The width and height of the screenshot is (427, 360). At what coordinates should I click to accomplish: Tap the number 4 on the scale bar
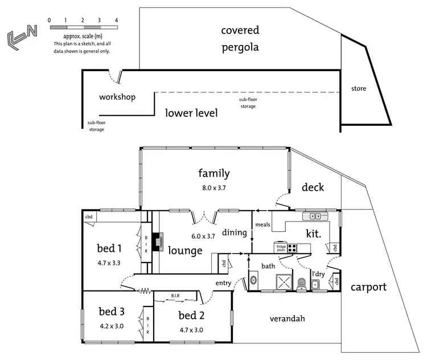(x=116, y=21)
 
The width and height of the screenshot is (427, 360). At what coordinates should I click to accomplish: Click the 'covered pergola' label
(x=240, y=39)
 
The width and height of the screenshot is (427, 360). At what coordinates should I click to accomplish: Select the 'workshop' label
(x=117, y=97)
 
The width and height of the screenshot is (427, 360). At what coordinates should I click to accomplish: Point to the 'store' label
(x=359, y=89)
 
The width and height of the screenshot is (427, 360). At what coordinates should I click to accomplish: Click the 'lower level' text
(x=191, y=113)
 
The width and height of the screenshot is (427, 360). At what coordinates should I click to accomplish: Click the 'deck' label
(x=313, y=187)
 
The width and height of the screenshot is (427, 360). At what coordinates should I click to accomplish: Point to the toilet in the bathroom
(x=301, y=282)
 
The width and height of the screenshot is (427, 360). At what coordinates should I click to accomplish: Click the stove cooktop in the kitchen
(x=292, y=248)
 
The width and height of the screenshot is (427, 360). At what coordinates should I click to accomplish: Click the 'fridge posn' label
(x=281, y=248)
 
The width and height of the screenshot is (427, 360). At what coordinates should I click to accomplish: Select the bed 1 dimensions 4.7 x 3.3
(x=109, y=263)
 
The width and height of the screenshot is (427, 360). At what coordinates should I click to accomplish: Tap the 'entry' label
(x=223, y=283)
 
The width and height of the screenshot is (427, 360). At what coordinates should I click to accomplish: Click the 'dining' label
(x=233, y=232)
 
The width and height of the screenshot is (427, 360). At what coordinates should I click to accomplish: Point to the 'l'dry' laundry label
(x=318, y=274)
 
